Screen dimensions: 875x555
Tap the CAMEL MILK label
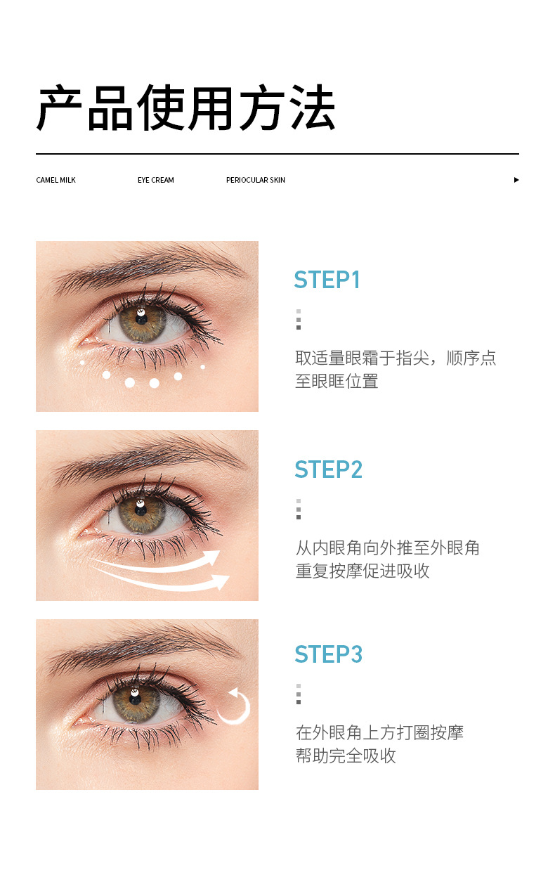pyautogui.click(x=55, y=180)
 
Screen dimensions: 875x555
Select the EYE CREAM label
pyautogui.click(x=155, y=180)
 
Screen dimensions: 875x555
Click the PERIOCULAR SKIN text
pyautogui.click(x=255, y=180)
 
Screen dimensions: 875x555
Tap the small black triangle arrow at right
pyautogui.click(x=516, y=180)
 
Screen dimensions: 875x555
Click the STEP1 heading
pyautogui.click(x=327, y=280)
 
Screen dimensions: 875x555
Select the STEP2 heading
pyautogui.click(x=328, y=469)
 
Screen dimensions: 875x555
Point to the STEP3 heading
pyautogui.click(x=328, y=654)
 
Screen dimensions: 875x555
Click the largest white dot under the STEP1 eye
pyautogui.click(x=130, y=382)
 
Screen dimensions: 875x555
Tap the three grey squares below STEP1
pyautogui.click(x=299, y=319)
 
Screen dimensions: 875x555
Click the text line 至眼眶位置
pyautogui.click(x=337, y=382)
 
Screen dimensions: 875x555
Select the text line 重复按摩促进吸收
pyautogui.click(x=362, y=571)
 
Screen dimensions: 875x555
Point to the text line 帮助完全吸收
pyautogui.click(x=346, y=756)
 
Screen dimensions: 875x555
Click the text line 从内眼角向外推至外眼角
pyautogui.click(x=387, y=547)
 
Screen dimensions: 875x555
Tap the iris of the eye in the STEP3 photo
pyautogui.click(x=136, y=699)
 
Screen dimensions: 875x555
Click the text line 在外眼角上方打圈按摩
pyautogui.click(x=379, y=732)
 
